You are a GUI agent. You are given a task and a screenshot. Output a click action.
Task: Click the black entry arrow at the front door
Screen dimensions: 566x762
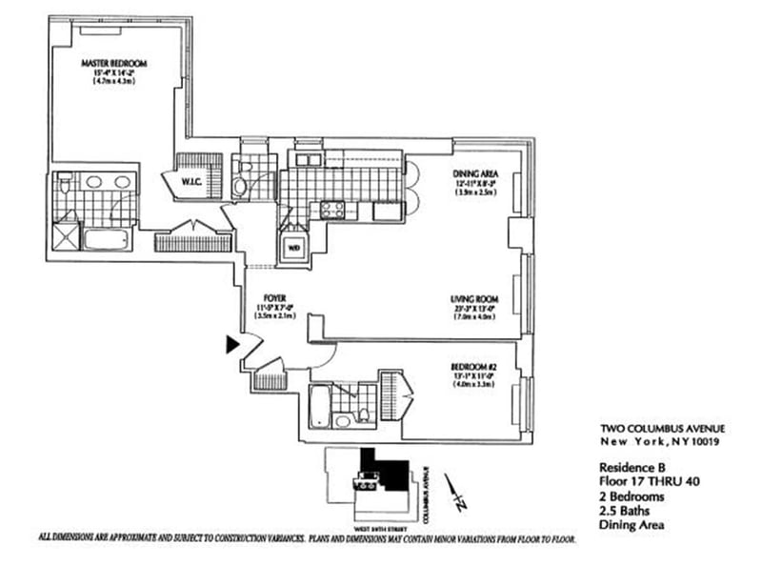pos(231,345)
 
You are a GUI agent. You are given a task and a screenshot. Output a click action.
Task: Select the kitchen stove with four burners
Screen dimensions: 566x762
pos(334,209)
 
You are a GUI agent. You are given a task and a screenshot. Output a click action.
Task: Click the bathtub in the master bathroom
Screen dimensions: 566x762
pos(105,237)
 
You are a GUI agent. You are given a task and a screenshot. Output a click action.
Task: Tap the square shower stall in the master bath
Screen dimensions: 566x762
pos(66,233)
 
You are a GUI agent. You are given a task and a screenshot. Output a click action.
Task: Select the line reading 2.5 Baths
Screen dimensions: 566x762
pos(622,510)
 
